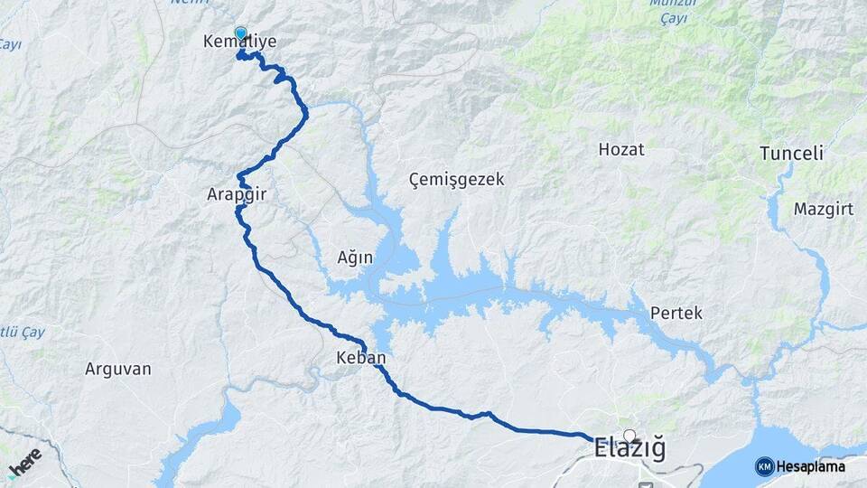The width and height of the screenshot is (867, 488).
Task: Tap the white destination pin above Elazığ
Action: (x=629, y=436)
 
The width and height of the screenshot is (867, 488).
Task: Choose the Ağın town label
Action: (x=355, y=258)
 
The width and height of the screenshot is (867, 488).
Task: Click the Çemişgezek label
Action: (x=456, y=179)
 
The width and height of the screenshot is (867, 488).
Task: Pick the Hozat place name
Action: (x=621, y=149)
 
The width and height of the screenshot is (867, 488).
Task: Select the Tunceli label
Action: (x=791, y=153)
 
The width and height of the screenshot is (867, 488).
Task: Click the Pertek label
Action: (x=676, y=313)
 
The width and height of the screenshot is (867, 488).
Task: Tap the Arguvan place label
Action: (x=117, y=369)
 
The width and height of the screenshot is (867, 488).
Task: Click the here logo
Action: (x=24, y=464)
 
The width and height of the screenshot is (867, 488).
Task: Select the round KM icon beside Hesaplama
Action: (x=764, y=466)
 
